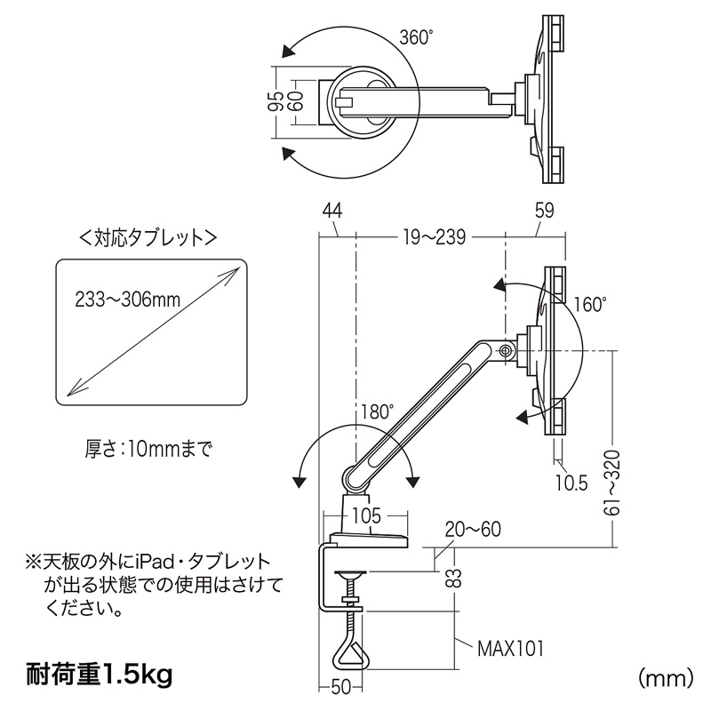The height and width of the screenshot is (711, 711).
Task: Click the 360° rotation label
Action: pos(416,38)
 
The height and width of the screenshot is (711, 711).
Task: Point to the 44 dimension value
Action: pos(333,211)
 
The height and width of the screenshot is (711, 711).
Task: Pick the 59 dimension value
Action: pos(545,211)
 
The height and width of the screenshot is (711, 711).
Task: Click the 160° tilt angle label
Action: pos(588,303)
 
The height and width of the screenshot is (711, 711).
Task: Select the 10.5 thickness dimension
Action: pos(571,483)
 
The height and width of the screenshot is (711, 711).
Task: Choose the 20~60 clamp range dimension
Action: pos(475,531)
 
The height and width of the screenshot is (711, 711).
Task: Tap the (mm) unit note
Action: pos(665,678)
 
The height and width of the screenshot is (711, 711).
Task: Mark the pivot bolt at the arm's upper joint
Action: pos(506,351)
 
